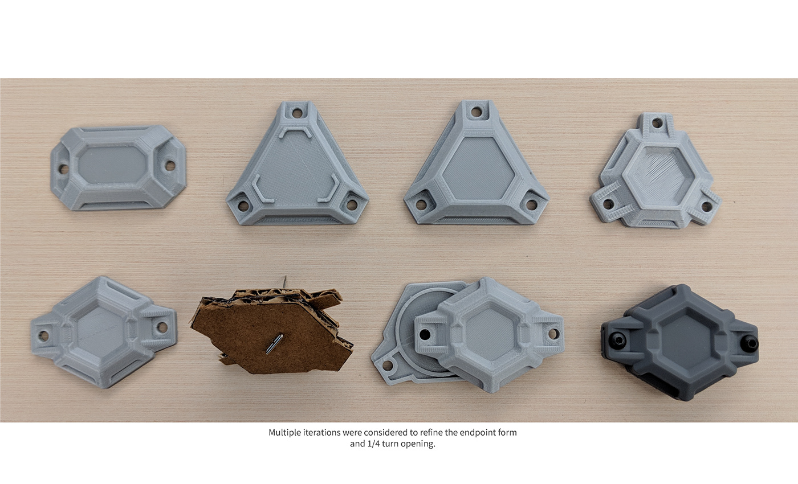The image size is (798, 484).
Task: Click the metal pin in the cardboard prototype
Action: (x=274, y=344)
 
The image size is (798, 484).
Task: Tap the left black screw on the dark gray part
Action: (x=619, y=341)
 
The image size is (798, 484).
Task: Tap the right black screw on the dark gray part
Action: (x=751, y=343)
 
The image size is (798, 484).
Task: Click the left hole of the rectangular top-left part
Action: (x=64, y=169)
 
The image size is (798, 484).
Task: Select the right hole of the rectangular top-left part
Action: (x=170, y=166)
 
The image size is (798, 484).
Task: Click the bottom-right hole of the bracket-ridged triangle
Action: (x=352, y=204)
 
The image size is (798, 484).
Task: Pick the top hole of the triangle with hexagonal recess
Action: (x=477, y=113)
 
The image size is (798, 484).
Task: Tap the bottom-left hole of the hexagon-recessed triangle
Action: (x=421, y=204)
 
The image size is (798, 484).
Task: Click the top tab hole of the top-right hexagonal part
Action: (x=657, y=124)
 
